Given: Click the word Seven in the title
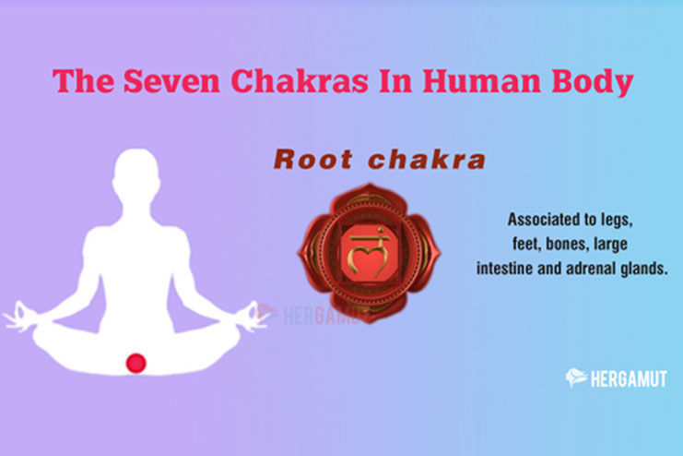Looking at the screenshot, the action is [x=171, y=80].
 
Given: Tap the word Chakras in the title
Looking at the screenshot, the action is [x=300, y=80].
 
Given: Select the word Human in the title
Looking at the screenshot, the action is [x=481, y=80].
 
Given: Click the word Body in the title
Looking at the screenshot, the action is [x=592, y=83].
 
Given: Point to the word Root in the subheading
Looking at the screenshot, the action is [x=313, y=160].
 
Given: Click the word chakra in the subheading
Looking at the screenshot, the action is [x=427, y=160].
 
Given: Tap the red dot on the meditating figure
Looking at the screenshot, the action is [x=135, y=363].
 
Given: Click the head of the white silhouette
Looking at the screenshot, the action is [x=135, y=174].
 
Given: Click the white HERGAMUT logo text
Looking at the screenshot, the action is [x=629, y=378].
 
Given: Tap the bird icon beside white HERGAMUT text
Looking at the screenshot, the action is [x=576, y=378].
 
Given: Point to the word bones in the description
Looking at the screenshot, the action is [x=565, y=244].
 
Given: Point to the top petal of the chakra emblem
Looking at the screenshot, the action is [x=369, y=194].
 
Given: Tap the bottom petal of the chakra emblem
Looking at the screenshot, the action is [x=369, y=312].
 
